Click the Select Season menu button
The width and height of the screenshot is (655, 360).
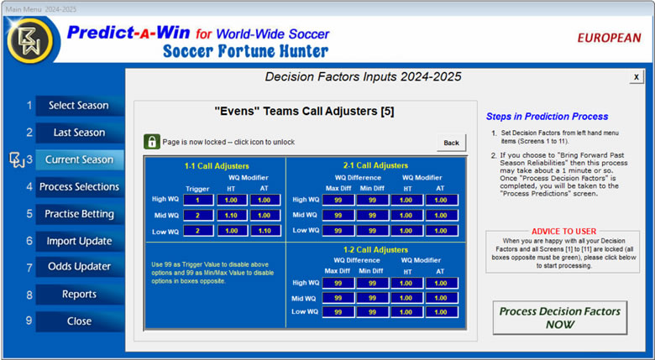pyautogui.click(x=80, y=106)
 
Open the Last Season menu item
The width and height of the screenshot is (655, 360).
pyautogui.click(x=80, y=133)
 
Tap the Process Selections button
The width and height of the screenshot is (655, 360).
pyautogui.click(x=80, y=186)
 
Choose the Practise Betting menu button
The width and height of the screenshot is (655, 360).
pyautogui.click(x=80, y=214)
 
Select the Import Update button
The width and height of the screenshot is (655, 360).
pyautogui.click(x=80, y=241)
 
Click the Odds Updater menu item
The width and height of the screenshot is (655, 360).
pyautogui.click(x=80, y=267)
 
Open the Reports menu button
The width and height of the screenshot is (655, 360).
pyautogui.click(x=80, y=295)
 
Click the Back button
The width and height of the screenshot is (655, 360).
pyautogui.click(x=451, y=143)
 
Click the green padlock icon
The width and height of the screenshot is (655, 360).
pyautogui.click(x=152, y=142)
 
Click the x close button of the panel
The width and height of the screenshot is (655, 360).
pyautogui.click(x=637, y=77)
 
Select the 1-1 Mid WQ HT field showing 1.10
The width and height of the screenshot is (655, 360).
pyautogui.click(x=232, y=216)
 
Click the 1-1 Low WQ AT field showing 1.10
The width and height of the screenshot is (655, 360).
pyautogui.click(x=265, y=231)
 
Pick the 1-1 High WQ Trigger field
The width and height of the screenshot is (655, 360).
pyautogui.click(x=198, y=200)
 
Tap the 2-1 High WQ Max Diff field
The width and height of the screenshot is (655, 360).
pyautogui.click(x=338, y=200)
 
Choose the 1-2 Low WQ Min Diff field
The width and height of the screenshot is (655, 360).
pyautogui.click(x=372, y=312)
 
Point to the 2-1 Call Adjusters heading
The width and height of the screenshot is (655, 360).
pyautogui.click(x=375, y=166)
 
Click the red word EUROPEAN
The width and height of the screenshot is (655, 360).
pyautogui.click(x=609, y=38)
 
